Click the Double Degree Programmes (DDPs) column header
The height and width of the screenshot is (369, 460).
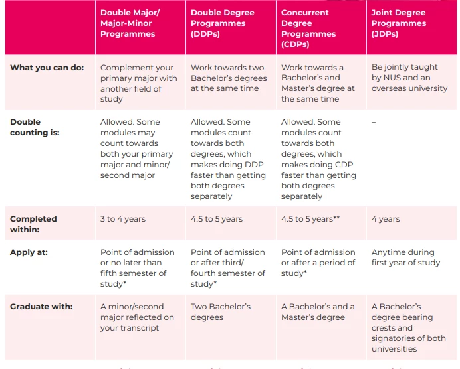223,23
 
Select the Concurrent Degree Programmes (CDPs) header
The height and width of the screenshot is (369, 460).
308,29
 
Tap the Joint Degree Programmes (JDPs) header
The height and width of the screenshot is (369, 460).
399,23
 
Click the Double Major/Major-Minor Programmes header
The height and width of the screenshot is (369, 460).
130,23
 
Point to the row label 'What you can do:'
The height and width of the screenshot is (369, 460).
47,68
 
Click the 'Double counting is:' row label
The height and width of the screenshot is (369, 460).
35,127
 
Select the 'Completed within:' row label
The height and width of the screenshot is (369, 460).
33,224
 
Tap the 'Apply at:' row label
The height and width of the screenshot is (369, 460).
29,252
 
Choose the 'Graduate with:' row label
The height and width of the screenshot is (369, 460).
41,307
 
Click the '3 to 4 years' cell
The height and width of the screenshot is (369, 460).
123,219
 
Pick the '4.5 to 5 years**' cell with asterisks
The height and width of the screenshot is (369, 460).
310,219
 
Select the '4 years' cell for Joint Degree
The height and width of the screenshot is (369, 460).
386,219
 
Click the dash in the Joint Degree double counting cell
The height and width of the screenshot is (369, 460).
374,122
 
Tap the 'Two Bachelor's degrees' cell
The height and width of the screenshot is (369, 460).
221,312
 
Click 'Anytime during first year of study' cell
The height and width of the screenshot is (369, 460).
405,258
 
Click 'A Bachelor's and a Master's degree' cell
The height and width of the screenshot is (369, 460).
318,312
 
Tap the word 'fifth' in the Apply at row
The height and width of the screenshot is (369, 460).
109,273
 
